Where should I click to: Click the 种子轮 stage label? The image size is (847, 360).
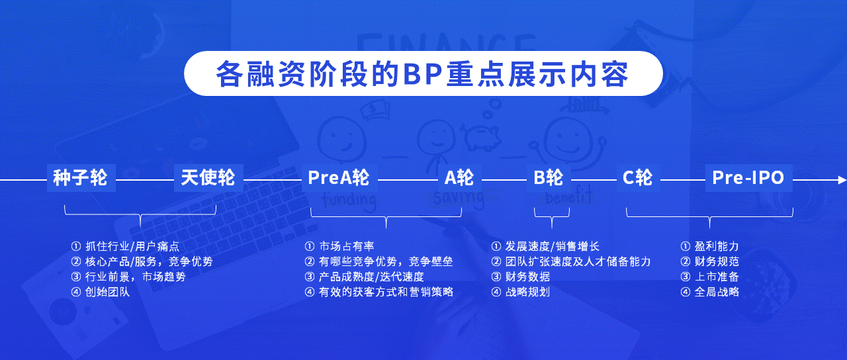[80, 178]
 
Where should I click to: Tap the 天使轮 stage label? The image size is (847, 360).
[208, 178]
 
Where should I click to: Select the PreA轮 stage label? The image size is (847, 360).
[339, 178]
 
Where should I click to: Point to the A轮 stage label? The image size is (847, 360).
[459, 178]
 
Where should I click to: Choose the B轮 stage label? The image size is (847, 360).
[549, 178]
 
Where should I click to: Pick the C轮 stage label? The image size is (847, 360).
[637, 178]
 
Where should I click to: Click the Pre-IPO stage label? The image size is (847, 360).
[748, 178]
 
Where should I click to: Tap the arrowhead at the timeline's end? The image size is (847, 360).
[842, 180]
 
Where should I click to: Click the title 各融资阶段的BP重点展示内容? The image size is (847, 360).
[422, 73]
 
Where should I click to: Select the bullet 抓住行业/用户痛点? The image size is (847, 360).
[125, 247]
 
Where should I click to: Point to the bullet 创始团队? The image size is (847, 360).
[101, 292]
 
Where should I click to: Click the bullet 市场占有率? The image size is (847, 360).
[339, 247]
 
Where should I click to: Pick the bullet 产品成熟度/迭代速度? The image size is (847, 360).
[365, 277]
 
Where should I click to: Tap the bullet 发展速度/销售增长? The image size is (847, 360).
[546, 247]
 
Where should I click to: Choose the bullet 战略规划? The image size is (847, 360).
[521, 292]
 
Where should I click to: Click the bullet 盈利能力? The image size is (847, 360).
[710, 247]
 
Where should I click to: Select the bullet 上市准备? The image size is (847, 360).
[710, 277]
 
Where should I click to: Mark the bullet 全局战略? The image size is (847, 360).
[710, 292]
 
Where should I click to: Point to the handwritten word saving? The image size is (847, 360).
[459, 198]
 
